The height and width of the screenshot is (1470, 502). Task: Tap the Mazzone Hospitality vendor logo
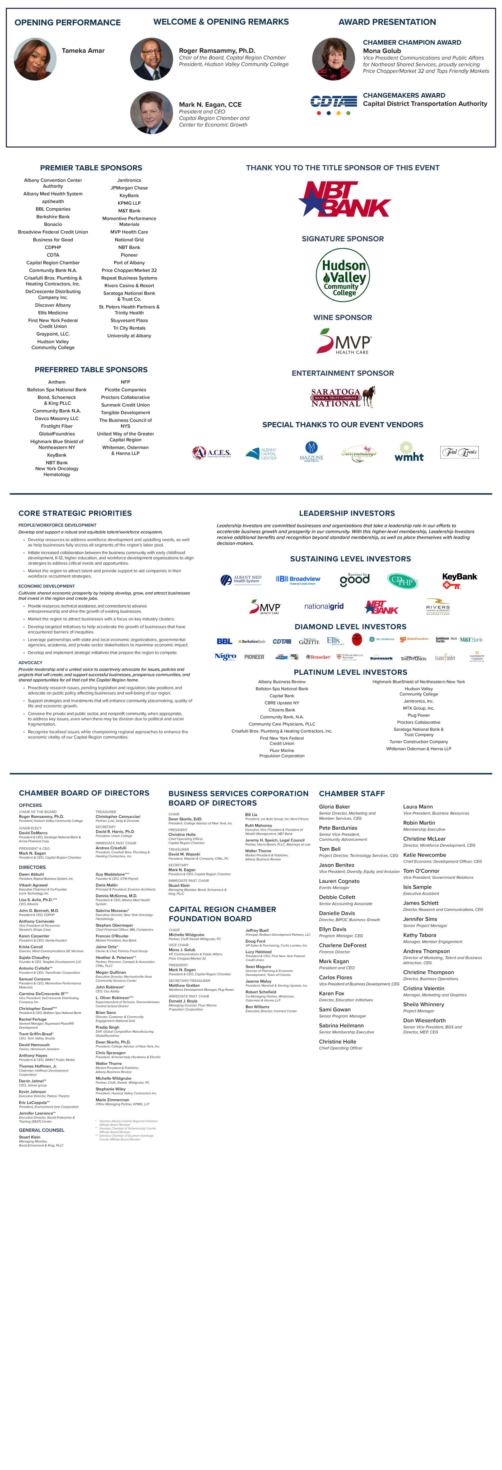pyautogui.click(x=311, y=451)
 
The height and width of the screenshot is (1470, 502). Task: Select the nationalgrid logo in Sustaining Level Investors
pyautogui.click(x=324, y=607)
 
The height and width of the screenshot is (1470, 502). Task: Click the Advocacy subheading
pyautogui.click(x=30, y=663)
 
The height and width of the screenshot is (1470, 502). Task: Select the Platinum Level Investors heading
pyautogui.click(x=350, y=672)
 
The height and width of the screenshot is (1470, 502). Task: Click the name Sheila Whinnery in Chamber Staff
pyautogui.click(x=423, y=1004)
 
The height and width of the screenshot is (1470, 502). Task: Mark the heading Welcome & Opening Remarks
pyautogui.click(x=221, y=22)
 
